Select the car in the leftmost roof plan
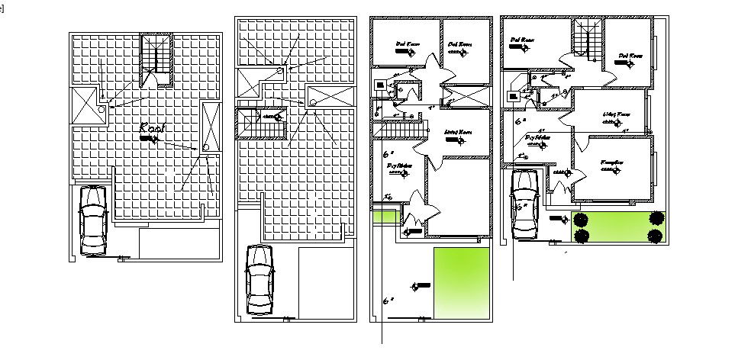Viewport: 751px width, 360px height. point(92,220)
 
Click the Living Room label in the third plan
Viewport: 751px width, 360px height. point(457,132)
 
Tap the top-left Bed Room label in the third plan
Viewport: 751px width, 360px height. point(405,44)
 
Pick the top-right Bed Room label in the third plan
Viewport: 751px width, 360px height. point(458,44)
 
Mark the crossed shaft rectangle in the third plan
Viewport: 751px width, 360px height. point(465,97)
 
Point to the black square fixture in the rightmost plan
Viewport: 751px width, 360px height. point(514,95)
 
